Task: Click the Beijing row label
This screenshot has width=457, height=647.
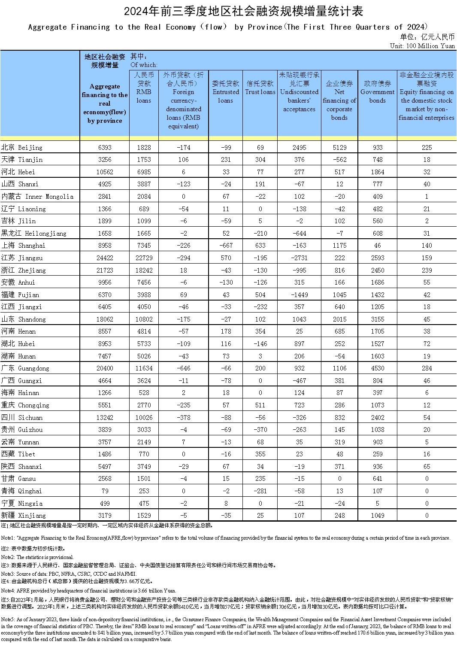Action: tap(22, 147)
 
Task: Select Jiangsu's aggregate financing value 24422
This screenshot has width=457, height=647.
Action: tap(104, 258)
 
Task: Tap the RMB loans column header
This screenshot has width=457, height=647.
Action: tap(144, 88)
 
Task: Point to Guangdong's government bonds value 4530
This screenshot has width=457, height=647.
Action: tap(377, 368)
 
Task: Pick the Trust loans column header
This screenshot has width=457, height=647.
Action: tap(260, 88)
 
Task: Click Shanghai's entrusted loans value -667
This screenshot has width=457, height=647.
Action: tap(225, 246)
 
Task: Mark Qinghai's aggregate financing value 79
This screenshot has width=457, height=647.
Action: tap(104, 491)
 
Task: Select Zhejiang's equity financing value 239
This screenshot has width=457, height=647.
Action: tap(427, 270)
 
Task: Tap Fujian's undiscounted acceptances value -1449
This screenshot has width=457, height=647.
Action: tap(299, 295)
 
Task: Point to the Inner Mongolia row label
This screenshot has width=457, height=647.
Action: tap(37, 197)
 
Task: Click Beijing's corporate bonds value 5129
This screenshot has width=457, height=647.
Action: tap(339, 147)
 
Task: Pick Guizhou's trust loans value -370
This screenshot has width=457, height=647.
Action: tap(260, 430)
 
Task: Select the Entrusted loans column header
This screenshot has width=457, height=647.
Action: tap(225, 92)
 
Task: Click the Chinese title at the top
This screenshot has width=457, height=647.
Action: tap(229, 11)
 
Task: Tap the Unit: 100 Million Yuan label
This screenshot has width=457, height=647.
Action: tap(422, 46)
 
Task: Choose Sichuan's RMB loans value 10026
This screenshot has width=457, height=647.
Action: tap(144, 417)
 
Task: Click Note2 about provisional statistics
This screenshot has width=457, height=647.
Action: tap(37, 557)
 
